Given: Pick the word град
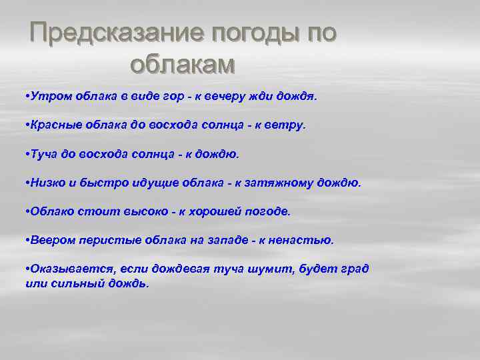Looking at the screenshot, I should tap(354, 269).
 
